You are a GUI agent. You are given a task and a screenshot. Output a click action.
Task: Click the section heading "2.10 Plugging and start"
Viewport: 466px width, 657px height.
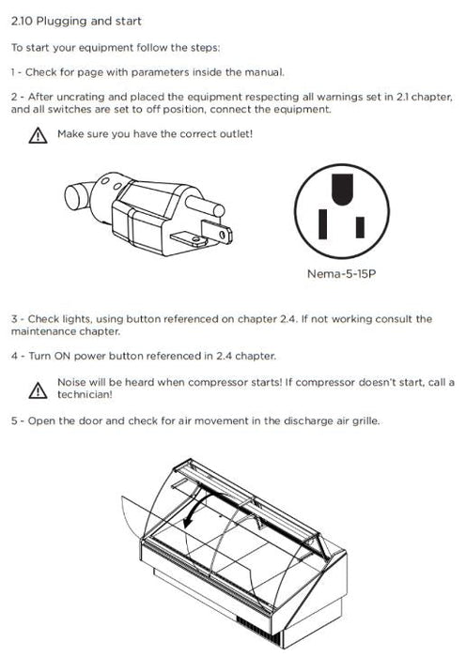(76, 22)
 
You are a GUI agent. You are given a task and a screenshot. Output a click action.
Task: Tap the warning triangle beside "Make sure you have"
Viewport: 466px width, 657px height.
(38, 136)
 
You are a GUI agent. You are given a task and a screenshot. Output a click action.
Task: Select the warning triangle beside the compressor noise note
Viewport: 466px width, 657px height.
(38, 390)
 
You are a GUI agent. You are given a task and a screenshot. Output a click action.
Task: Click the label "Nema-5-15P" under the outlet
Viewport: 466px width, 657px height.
(341, 274)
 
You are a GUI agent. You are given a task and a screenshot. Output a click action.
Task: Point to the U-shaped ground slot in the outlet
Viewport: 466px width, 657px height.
(342, 190)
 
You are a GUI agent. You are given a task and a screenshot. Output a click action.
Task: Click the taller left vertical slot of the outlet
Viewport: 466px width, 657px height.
(322, 224)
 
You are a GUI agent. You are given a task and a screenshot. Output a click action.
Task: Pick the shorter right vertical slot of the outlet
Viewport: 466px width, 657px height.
(360, 227)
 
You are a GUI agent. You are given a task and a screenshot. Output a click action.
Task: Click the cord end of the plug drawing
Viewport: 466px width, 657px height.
(78, 196)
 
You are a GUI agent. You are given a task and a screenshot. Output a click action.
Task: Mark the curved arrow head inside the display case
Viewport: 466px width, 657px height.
(189, 522)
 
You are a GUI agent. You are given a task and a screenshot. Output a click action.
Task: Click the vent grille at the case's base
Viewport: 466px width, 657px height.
(258, 630)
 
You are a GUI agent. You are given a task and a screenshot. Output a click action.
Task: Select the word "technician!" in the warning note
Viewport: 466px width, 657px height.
(85, 395)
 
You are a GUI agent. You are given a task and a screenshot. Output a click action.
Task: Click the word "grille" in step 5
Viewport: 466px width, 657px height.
(365, 420)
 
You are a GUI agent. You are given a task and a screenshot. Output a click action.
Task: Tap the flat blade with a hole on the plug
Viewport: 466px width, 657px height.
(216, 232)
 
